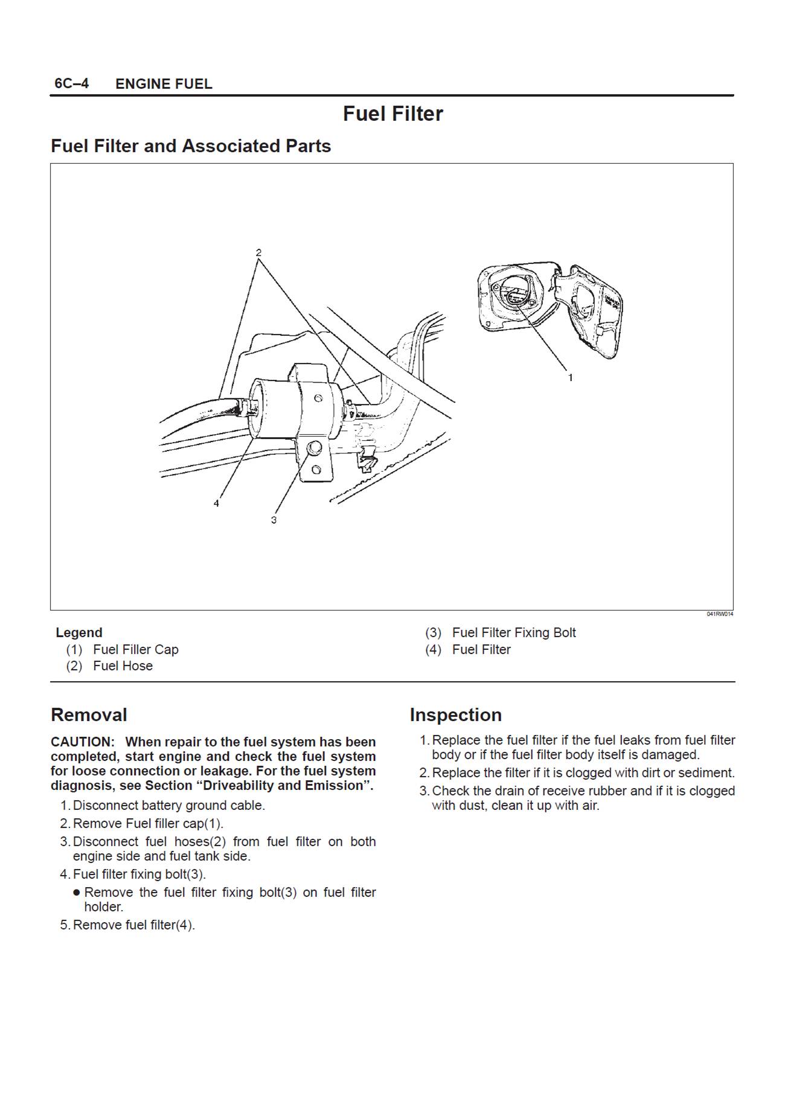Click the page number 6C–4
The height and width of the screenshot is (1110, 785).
click(x=71, y=83)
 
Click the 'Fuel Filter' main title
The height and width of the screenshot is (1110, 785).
click(x=392, y=114)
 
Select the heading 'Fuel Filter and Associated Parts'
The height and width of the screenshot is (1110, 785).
click(x=191, y=146)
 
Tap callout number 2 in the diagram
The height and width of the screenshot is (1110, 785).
click(x=258, y=252)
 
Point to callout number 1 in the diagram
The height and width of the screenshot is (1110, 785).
click(x=570, y=378)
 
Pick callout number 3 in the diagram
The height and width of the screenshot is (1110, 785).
click(x=274, y=519)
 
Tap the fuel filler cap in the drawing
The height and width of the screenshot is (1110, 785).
click(x=513, y=295)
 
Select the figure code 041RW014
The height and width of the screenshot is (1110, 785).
click(x=720, y=614)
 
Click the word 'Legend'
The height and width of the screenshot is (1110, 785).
click(x=79, y=632)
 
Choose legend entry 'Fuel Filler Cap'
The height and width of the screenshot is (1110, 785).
click(x=136, y=649)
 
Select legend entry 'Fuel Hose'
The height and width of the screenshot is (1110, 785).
click(x=123, y=666)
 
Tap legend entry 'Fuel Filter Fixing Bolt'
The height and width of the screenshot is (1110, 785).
click(x=514, y=632)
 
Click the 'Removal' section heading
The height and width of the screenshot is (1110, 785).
click(x=89, y=714)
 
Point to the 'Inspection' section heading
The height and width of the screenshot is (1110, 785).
click(x=455, y=714)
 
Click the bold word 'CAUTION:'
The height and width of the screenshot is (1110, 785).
click(x=82, y=742)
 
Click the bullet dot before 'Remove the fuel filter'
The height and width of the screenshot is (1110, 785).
click(x=77, y=893)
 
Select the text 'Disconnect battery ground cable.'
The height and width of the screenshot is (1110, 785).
click(x=169, y=805)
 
